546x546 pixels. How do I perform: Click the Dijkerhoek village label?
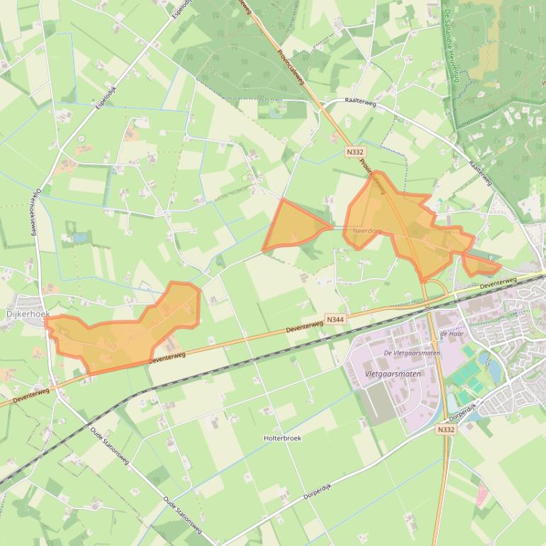click(26, 313)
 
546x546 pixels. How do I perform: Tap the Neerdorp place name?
click(367, 231)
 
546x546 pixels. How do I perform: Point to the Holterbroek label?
click(282, 438)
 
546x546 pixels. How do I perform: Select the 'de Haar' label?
click(451, 333)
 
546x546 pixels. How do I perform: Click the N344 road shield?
click(335, 321)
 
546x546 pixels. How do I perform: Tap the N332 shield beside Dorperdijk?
click(445, 430)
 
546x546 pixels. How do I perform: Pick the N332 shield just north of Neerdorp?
click(355, 152)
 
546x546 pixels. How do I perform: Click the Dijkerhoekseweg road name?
click(35, 213)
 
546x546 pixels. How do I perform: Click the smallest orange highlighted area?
click(480, 266)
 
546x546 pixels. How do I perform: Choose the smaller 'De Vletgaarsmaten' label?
click(412, 352)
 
